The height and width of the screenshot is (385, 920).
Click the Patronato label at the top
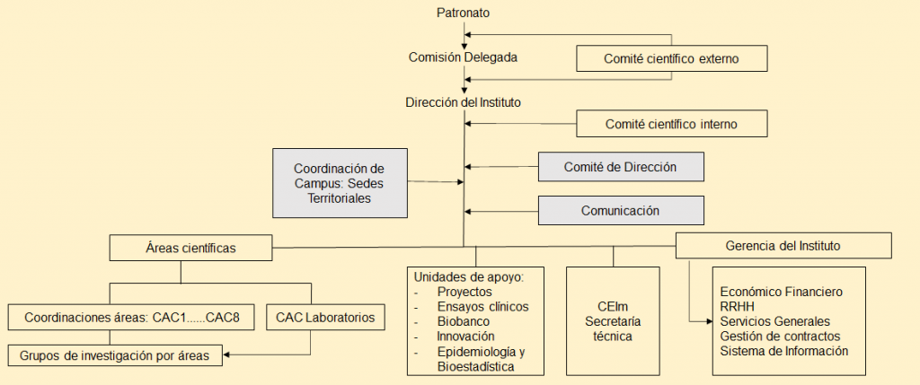464,13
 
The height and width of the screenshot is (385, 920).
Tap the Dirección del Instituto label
463,103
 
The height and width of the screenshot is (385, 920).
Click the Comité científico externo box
673,59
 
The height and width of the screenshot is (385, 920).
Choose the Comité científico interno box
672,123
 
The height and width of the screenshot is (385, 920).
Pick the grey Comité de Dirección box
620,167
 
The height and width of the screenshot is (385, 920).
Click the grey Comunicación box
620,211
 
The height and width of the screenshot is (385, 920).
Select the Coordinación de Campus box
339,183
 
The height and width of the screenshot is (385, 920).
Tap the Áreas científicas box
190,247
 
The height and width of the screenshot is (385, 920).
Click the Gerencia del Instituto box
783,245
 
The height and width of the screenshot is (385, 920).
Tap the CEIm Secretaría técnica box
614,320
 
